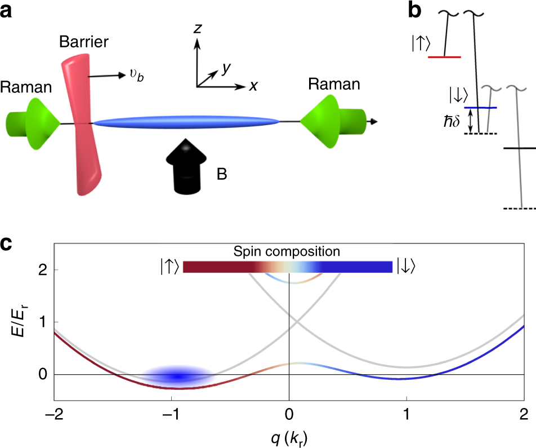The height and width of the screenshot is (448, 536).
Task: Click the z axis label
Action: coord(197,30)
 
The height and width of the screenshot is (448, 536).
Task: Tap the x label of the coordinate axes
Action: coord(254,86)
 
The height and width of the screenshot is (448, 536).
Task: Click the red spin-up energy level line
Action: coord(444,57)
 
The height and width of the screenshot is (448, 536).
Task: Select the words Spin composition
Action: coord(288,250)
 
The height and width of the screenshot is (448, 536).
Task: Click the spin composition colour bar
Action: coord(287,266)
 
